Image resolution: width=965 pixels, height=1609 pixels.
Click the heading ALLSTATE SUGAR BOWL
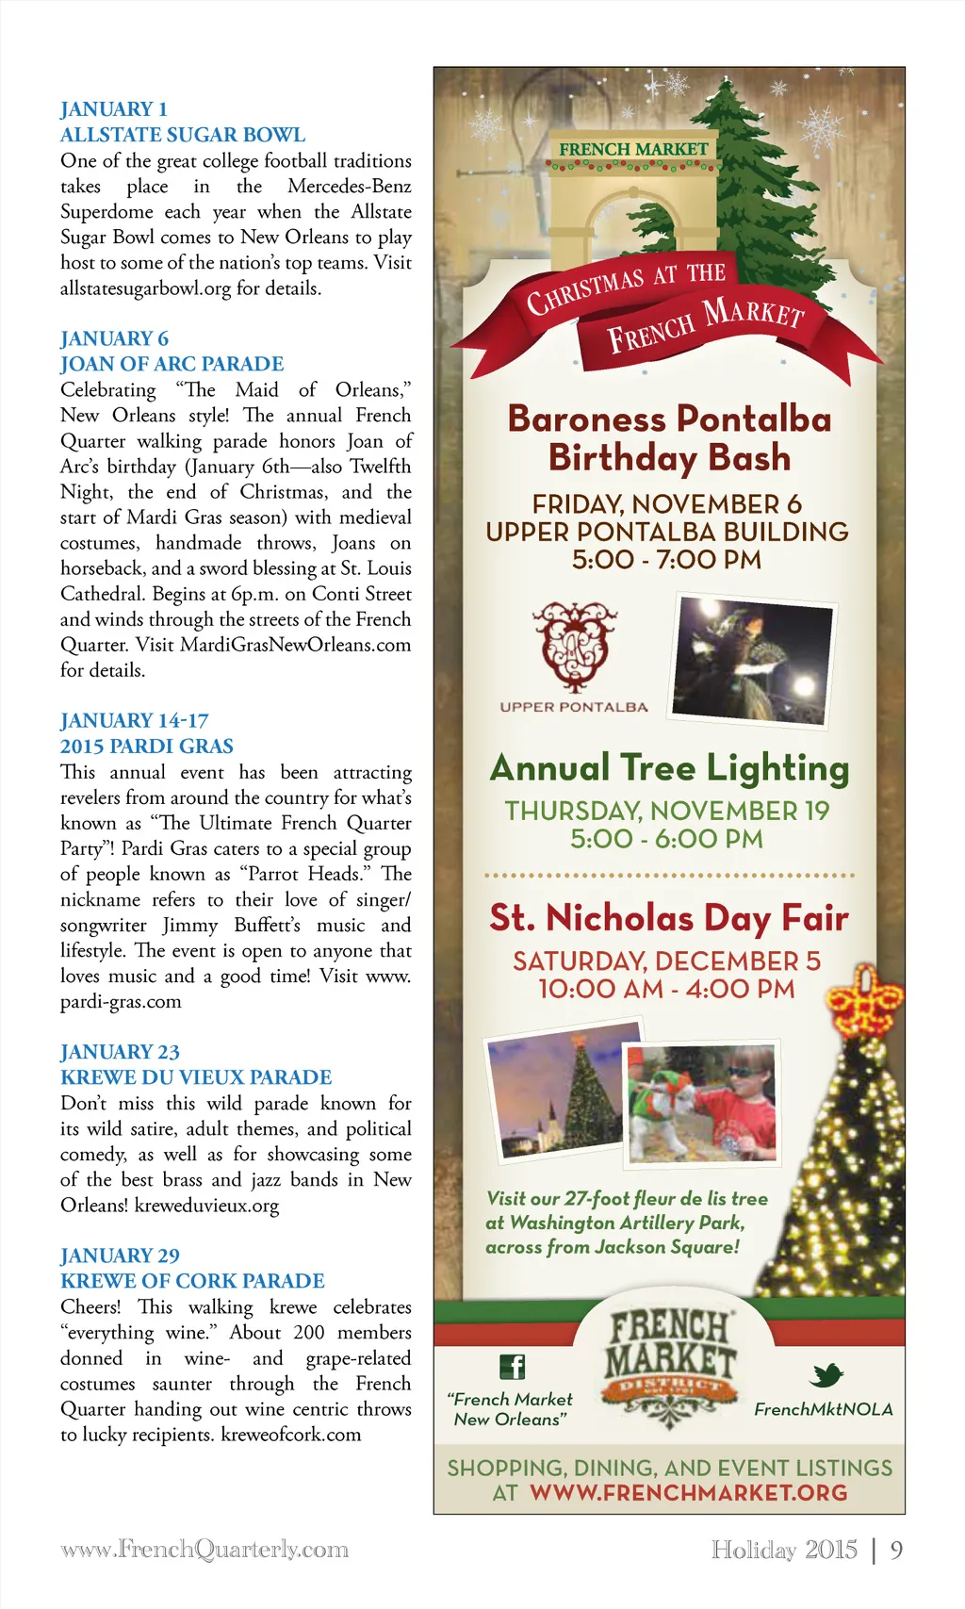tap(183, 135)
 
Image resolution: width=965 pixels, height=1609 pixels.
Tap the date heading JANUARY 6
tap(114, 338)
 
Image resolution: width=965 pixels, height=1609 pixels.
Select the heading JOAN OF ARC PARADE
tap(172, 364)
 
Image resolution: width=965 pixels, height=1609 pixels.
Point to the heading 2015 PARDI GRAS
tap(147, 746)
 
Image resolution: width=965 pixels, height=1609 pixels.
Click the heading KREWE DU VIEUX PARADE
tap(196, 1076)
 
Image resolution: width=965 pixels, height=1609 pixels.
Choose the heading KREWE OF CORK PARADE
tap(192, 1281)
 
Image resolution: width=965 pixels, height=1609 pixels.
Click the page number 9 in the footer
tap(896, 1550)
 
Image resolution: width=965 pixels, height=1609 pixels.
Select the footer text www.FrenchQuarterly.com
tap(204, 1550)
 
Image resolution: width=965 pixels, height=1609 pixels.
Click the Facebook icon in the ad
tap(512, 1366)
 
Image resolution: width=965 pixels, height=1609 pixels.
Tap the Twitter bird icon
tap(826, 1375)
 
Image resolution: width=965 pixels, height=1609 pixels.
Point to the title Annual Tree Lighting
tap(669, 768)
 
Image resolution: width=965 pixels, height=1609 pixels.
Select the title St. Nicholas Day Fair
tap(669, 918)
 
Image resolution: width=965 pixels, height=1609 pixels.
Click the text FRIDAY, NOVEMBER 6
tap(667, 504)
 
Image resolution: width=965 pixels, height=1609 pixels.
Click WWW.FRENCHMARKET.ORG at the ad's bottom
tap(689, 1493)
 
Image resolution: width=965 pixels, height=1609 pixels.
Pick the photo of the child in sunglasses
tap(702, 1102)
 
